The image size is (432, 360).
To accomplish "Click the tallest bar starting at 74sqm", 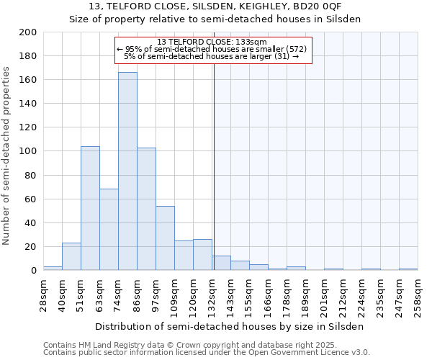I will click(x=127, y=171).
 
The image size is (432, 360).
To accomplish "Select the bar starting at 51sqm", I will click(x=90, y=208).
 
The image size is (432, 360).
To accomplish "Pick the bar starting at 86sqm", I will click(x=146, y=209).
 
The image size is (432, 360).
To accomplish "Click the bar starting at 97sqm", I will click(x=165, y=238).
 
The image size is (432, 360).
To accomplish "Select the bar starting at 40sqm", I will click(x=71, y=256).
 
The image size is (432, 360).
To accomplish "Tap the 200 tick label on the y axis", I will click(x=28, y=32).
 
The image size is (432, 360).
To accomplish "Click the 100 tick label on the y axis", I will click(x=28, y=151).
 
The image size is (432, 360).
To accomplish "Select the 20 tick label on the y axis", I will click(x=31, y=246).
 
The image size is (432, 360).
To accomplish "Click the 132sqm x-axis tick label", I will click(x=212, y=296).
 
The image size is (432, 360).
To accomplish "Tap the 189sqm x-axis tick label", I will click(x=305, y=296).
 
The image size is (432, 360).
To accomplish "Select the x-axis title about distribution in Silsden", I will click(x=229, y=327).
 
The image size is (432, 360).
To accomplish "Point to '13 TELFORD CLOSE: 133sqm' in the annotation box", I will click(x=212, y=42).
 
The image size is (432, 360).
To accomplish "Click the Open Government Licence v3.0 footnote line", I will click(x=207, y=352).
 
